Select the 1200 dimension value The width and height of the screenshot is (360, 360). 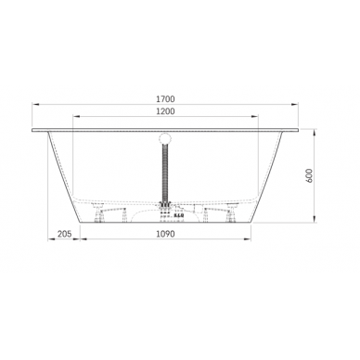(166, 111)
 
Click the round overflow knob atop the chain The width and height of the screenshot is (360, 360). (166, 140)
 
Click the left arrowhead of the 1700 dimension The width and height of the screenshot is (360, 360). (34, 104)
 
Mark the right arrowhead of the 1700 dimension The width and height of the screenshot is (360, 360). (298, 104)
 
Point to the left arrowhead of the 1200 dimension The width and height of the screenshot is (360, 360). (75, 119)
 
